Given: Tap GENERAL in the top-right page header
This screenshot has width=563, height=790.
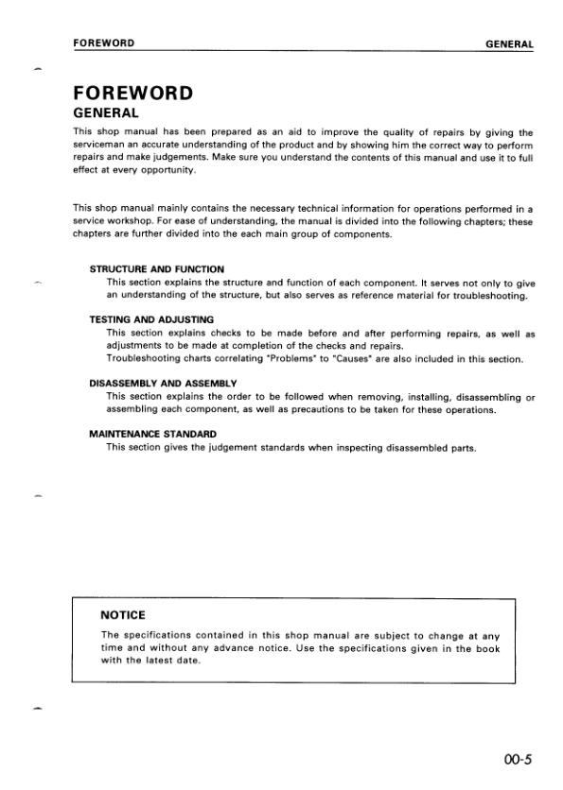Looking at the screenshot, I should tap(509, 43).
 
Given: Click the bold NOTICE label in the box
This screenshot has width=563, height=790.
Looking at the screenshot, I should tap(122, 616).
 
